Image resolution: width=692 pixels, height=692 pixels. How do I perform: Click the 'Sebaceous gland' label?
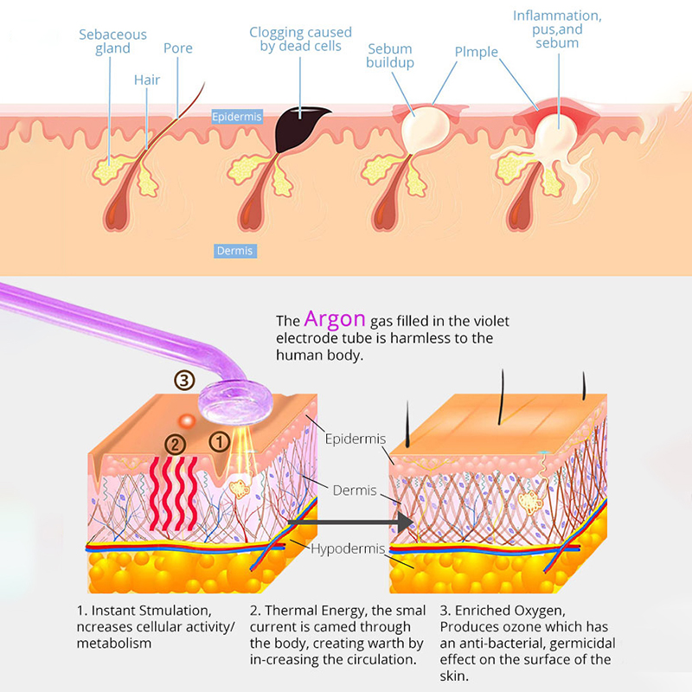[x=112, y=42]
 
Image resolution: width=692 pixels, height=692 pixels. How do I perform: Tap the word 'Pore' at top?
[x=177, y=48]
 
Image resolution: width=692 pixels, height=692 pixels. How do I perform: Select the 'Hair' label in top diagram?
[x=147, y=80]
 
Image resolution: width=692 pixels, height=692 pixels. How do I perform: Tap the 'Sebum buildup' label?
[x=389, y=55]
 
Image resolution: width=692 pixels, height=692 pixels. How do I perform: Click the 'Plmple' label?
[x=477, y=52]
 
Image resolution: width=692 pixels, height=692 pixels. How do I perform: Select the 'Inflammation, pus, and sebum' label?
[x=556, y=29]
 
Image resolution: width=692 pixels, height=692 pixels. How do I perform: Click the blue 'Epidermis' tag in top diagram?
[x=236, y=115]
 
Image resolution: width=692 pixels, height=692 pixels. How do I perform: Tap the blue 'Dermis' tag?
[x=234, y=251]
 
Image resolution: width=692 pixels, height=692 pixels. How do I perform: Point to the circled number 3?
[x=183, y=380]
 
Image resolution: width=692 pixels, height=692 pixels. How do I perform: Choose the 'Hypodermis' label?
[x=346, y=549]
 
